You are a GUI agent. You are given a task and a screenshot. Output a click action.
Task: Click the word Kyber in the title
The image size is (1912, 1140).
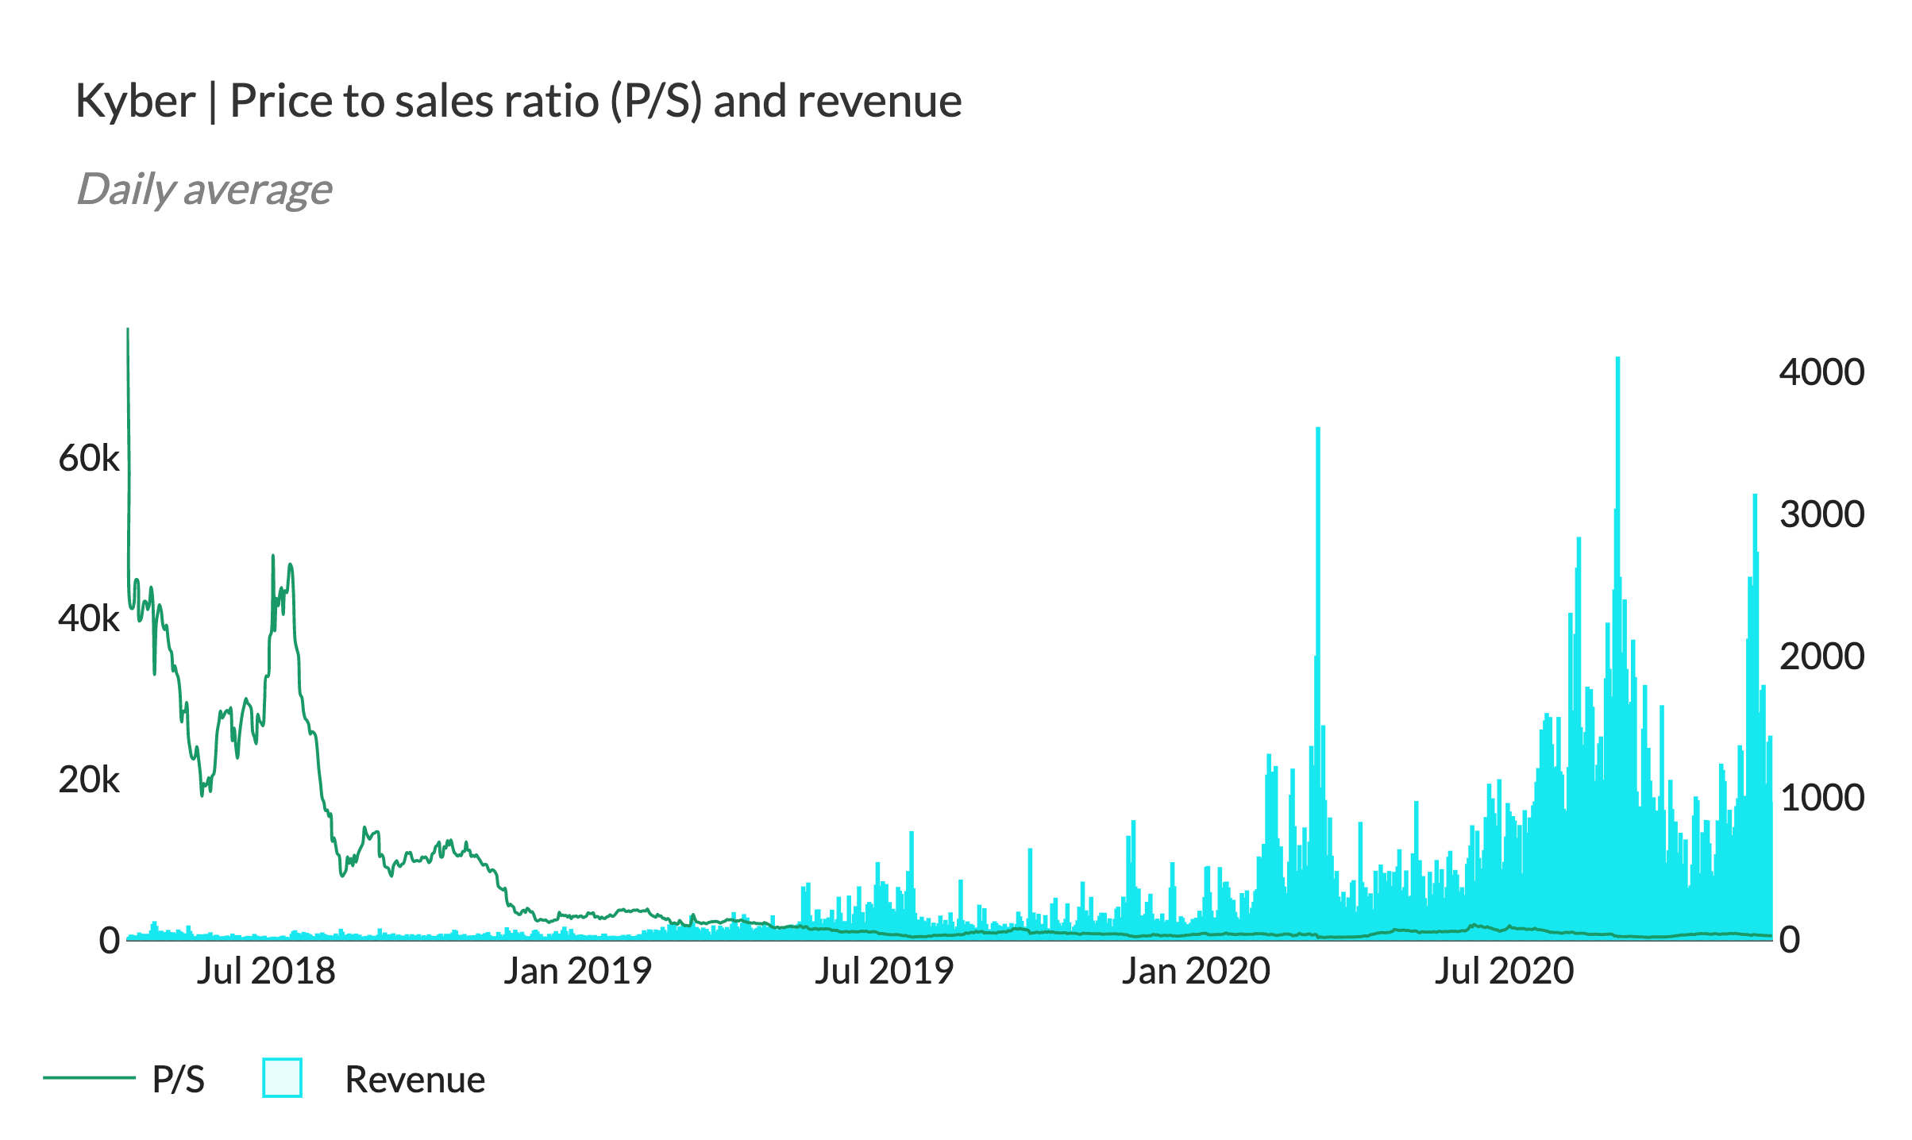click(135, 102)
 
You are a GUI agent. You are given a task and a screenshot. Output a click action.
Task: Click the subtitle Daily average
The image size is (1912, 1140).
click(204, 190)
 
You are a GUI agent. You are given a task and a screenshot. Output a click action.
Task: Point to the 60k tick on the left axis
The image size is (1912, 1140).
click(89, 459)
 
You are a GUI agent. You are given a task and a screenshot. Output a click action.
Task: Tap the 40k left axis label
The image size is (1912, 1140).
click(89, 619)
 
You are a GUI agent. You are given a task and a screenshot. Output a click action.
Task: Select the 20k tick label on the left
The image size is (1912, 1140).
click(89, 780)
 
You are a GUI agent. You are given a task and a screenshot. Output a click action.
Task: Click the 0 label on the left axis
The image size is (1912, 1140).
click(110, 940)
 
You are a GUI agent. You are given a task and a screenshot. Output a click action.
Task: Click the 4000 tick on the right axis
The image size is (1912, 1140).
click(1821, 372)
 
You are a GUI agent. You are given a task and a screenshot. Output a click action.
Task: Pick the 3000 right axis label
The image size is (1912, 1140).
click(1821, 514)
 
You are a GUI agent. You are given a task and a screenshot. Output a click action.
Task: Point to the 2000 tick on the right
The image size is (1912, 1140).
click(1821, 657)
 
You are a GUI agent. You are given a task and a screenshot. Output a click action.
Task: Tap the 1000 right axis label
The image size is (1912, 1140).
click(1821, 798)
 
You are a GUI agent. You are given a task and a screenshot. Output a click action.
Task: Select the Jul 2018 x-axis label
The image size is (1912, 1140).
click(266, 972)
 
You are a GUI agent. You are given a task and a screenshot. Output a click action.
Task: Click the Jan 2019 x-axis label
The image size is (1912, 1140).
click(577, 972)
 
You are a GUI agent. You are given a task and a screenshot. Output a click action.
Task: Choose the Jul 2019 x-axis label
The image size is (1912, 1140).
click(884, 972)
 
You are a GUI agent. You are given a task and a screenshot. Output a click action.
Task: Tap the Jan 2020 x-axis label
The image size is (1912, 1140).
click(1196, 972)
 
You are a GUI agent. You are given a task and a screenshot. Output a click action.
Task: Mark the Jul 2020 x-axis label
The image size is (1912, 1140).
click(1504, 972)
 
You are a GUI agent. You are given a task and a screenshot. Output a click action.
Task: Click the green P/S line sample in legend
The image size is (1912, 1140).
click(89, 1077)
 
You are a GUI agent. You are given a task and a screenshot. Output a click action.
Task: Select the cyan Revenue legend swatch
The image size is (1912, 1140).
click(282, 1078)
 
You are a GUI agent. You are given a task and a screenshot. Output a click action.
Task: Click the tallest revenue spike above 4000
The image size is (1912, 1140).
click(1617, 362)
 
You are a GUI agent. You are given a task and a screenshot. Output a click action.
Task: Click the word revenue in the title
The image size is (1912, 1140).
click(879, 102)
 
